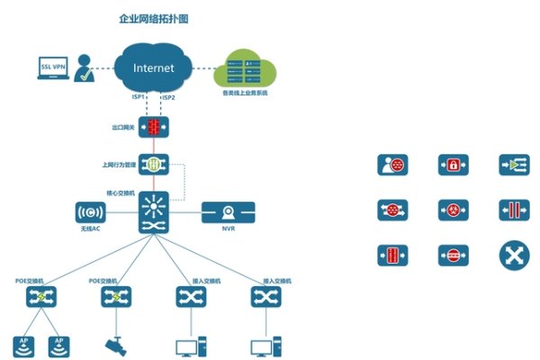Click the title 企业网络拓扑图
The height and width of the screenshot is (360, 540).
[x=153, y=18]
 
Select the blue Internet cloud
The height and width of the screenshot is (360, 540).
[x=153, y=67]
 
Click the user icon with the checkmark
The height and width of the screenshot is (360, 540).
[x=85, y=68]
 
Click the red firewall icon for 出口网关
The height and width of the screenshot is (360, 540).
[x=154, y=127]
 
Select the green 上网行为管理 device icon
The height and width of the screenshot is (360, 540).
[x=154, y=166]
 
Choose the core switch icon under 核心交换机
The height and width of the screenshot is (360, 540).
[x=154, y=213]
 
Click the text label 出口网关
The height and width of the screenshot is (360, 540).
[x=121, y=128]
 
